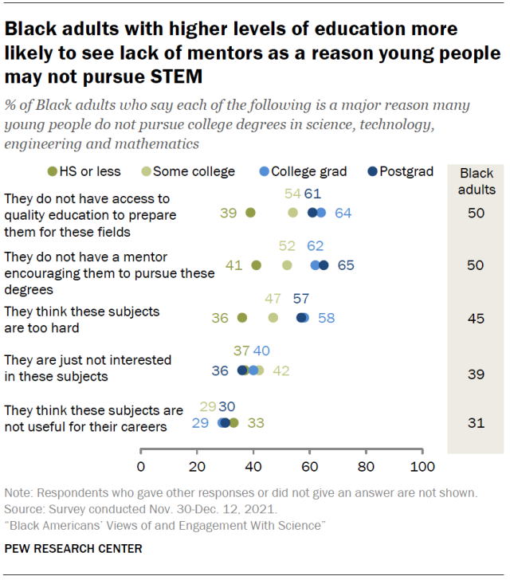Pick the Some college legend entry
click(x=189, y=171)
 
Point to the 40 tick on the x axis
click(x=253, y=465)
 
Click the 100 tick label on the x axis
click(x=422, y=465)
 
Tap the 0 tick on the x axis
click(x=141, y=465)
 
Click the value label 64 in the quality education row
click(x=343, y=213)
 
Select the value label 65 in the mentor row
click(x=346, y=265)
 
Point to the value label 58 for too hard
click(x=326, y=318)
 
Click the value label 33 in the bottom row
click(x=256, y=423)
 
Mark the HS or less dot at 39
click(x=250, y=213)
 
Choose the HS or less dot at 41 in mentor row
click(x=256, y=265)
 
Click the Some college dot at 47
click(x=273, y=318)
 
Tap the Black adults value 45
click(x=475, y=318)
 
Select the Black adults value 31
click(x=475, y=423)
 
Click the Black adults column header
click(x=477, y=182)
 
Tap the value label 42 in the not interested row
click(x=280, y=370)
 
